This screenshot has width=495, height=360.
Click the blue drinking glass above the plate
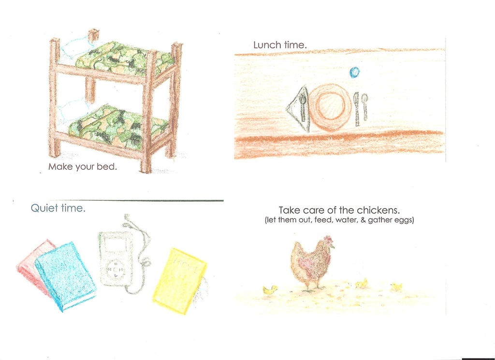[x=354, y=73]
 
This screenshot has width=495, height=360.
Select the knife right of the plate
[x=357, y=109]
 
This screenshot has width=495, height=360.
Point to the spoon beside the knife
[x=365, y=106]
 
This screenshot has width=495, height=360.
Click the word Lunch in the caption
[x=267, y=45]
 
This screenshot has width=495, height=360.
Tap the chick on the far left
[x=270, y=289]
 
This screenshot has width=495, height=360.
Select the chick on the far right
[x=397, y=286]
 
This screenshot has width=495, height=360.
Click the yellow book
[x=180, y=280]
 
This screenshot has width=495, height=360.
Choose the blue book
[x=65, y=276]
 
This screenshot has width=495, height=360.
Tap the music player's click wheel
[x=116, y=270]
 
